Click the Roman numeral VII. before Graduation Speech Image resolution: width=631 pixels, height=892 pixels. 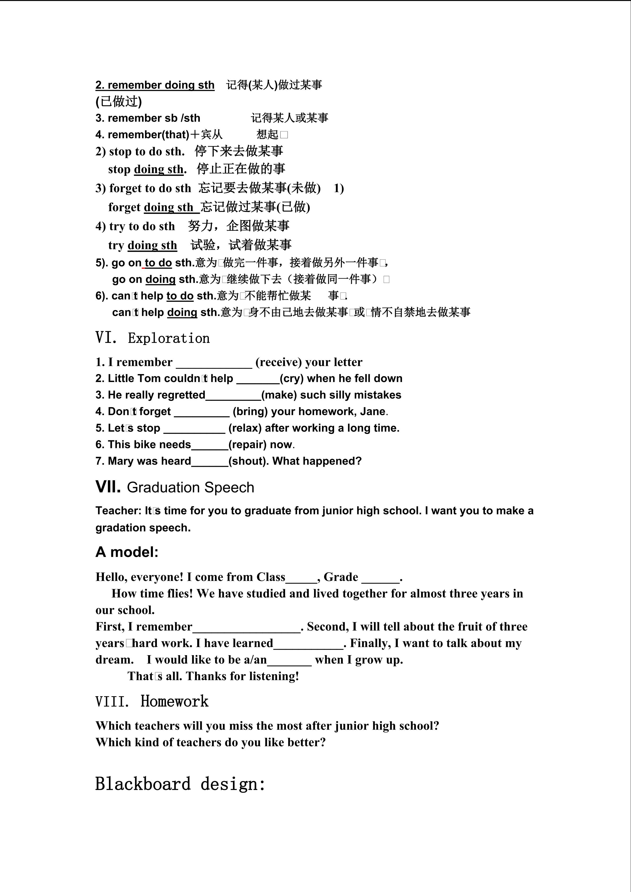click(x=108, y=487)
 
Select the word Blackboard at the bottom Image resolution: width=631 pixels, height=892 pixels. click(x=143, y=784)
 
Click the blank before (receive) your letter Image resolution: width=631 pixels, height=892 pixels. click(x=214, y=363)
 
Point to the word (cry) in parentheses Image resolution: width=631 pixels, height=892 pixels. click(x=292, y=378)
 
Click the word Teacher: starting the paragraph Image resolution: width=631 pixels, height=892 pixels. click(x=118, y=511)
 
